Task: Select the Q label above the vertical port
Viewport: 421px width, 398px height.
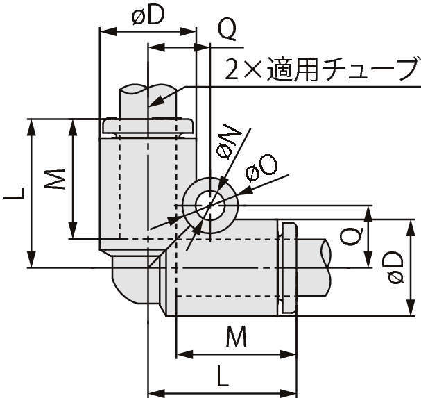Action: coord(226,28)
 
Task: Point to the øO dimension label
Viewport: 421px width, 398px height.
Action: coord(261,167)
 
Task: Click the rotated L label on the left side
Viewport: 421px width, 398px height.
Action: coord(12,192)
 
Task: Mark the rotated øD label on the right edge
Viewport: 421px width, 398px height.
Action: coord(395,267)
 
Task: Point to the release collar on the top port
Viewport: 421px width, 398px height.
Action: coord(147,126)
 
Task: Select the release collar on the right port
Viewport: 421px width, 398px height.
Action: coord(289,267)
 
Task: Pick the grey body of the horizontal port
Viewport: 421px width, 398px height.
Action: coord(229,271)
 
